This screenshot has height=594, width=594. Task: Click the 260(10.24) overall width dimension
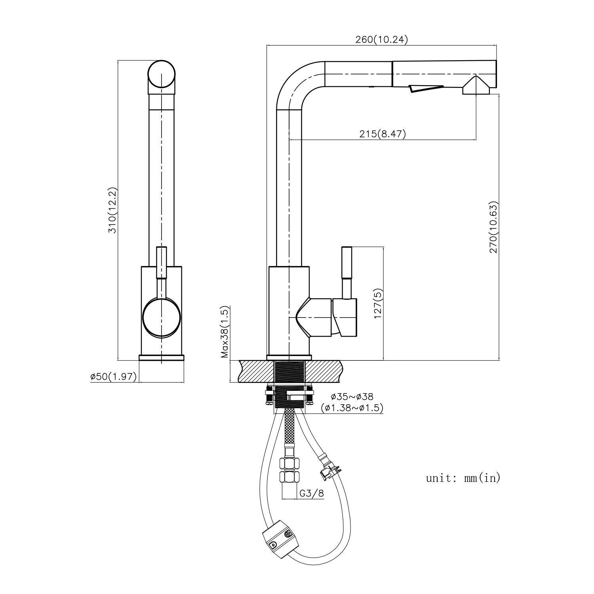click(x=381, y=39)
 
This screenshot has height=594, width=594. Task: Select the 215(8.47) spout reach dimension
click(x=383, y=134)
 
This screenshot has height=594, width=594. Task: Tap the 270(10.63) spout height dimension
click(x=493, y=227)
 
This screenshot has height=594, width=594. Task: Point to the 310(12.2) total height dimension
click(x=112, y=210)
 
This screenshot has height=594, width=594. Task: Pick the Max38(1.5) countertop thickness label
click(x=225, y=332)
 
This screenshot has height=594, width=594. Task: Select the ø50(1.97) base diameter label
click(x=114, y=376)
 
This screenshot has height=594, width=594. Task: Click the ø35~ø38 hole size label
click(x=352, y=396)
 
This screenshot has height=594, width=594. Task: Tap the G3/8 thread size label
click(x=312, y=493)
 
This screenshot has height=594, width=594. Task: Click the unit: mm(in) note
click(x=463, y=478)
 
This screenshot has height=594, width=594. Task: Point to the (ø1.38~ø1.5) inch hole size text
click(x=352, y=408)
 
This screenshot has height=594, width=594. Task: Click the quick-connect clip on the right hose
click(x=328, y=467)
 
